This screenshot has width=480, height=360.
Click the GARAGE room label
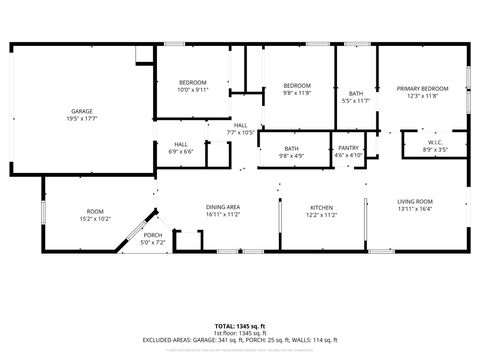pos(81,110)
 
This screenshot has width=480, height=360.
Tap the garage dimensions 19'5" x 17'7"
pos(81,118)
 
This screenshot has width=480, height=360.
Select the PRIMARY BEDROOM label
pos(420,88)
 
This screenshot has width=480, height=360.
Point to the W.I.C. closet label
pos(435,143)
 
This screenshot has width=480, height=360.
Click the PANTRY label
pos(348,148)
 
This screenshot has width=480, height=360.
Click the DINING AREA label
pos(223,207)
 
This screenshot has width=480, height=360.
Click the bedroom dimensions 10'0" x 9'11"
pos(192,89)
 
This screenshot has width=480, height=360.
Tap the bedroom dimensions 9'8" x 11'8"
pos(297,93)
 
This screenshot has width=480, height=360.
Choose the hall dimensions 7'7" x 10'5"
pos(240,132)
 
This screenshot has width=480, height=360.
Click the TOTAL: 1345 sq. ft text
pos(240,326)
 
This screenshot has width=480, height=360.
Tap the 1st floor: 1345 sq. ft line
pos(240,333)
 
